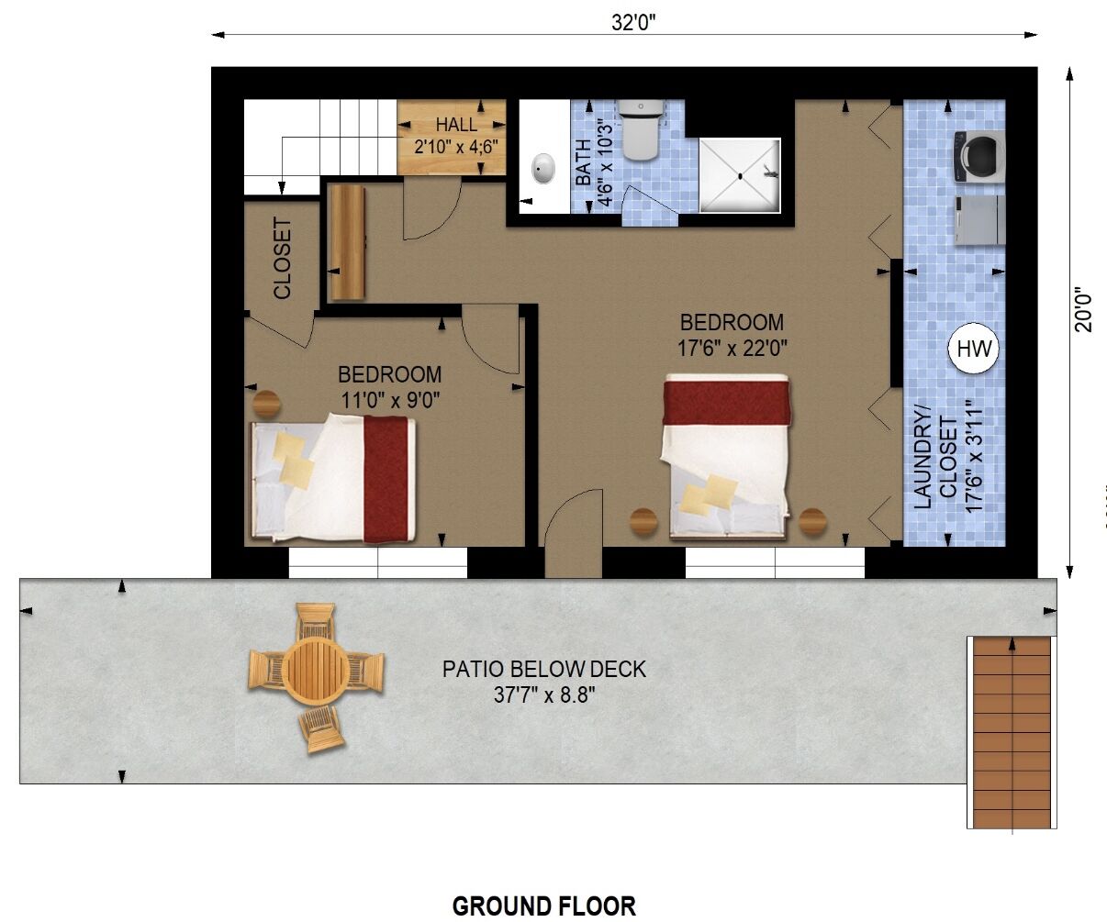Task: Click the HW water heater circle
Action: pyautogui.click(x=973, y=349)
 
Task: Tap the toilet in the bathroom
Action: pyautogui.click(x=641, y=130)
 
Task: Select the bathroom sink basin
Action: pyautogui.click(x=542, y=169)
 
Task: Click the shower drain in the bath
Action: pyautogui.click(x=740, y=176)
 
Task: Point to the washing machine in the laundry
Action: pyautogui.click(x=979, y=157)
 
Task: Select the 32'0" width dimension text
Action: pyautogui.click(x=633, y=23)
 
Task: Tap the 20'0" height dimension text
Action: pyautogui.click(x=1083, y=309)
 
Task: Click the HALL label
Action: pyautogui.click(x=456, y=125)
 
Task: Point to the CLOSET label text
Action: pyautogui.click(x=282, y=258)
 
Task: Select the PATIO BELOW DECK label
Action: pyautogui.click(x=544, y=669)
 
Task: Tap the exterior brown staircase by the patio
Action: pyautogui.click(x=1012, y=733)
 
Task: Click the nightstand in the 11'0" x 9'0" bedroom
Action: pyautogui.click(x=267, y=405)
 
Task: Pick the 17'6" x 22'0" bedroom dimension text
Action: pyautogui.click(x=732, y=348)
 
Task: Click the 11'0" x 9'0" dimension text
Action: pyautogui.click(x=390, y=400)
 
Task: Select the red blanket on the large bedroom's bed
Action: pyautogui.click(x=726, y=402)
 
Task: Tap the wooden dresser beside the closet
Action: pyautogui.click(x=348, y=242)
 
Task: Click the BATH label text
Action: pyautogui.click(x=583, y=162)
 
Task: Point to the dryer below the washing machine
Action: pyautogui.click(x=979, y=220)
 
